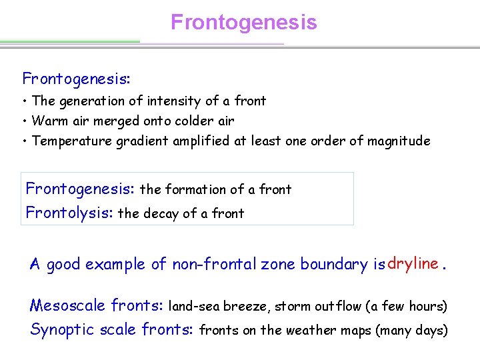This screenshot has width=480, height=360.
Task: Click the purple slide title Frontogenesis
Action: [243, 23]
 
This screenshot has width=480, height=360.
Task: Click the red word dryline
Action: [412, 263]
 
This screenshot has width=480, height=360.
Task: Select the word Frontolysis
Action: [69, 213]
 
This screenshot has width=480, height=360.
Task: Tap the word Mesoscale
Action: [67, 306]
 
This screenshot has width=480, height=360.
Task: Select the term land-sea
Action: [195, 307]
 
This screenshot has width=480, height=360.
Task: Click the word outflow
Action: [337, 307]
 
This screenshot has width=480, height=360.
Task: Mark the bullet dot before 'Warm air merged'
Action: [23, 121]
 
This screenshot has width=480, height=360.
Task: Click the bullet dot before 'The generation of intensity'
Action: [23, 101]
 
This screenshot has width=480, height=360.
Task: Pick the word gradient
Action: [146, 141]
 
